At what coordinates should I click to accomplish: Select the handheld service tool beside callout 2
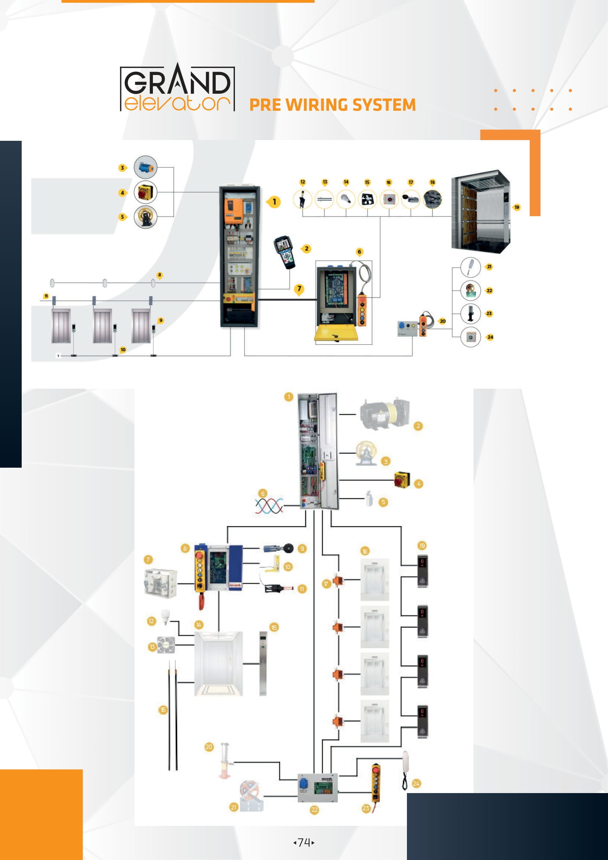[285, 252]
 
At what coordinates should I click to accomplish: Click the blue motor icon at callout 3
[145, 167]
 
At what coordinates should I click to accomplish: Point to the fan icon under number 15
[367, 200]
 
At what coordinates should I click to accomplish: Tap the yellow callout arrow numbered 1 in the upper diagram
[274, 202]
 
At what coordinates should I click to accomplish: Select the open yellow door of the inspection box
[336, 333]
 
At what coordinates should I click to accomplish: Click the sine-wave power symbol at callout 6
[269, 506]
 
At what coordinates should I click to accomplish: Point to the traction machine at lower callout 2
[384, 415]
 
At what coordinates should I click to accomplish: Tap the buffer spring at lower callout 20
[225, 760]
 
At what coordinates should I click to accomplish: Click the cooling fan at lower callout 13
[165, 645]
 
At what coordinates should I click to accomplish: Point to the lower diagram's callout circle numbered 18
[365, 551]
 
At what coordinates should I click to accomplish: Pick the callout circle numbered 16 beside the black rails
[163, 710]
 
